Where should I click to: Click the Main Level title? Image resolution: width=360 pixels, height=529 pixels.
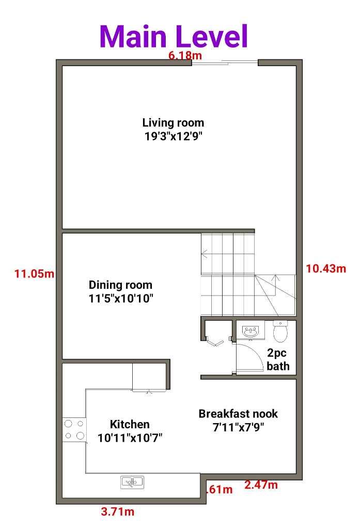[174, 36]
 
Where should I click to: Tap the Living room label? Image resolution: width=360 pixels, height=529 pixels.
[173, 123]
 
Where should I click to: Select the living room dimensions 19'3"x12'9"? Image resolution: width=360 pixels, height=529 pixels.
[173, 136]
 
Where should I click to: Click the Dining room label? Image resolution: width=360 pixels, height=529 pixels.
[120, 285]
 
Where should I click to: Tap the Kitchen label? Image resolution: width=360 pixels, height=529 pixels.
[130, 424]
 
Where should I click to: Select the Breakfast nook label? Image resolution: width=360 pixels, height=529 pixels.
[238, 414]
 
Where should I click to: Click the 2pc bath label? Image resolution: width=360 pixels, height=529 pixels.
[278, 360]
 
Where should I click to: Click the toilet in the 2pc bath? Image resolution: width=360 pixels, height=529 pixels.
[280, 332]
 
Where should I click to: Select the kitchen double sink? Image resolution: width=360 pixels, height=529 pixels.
[132, 483]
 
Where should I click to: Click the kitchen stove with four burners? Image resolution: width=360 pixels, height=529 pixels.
[74, 430]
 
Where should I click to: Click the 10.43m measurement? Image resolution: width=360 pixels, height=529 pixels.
[326, 268]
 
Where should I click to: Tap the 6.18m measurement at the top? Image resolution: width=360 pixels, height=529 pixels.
[180, 55]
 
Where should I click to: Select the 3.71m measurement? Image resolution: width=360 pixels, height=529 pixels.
[118, 512]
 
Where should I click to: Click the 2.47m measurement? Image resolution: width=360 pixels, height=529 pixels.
[261, 485]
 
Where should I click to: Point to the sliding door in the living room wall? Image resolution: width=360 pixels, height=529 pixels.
[225, 63]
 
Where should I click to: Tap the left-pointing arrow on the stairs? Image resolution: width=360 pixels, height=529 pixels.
[205, 254]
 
